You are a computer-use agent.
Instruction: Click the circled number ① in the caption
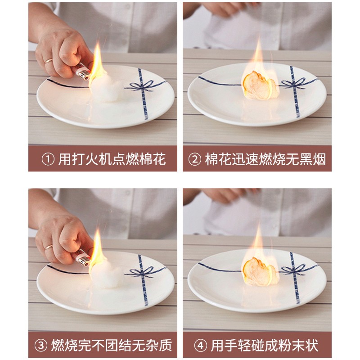coord(48,159)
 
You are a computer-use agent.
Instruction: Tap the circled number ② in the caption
coord(195,159)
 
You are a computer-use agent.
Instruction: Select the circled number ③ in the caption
coord(41,345)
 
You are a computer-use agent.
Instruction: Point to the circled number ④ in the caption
coord(201,345)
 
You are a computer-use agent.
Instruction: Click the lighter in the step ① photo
coord(83,72)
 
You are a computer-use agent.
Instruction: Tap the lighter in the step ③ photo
coord(83,258)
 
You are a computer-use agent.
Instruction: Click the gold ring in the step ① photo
coord(49,61)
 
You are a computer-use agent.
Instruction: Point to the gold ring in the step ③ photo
coord(49,247)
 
